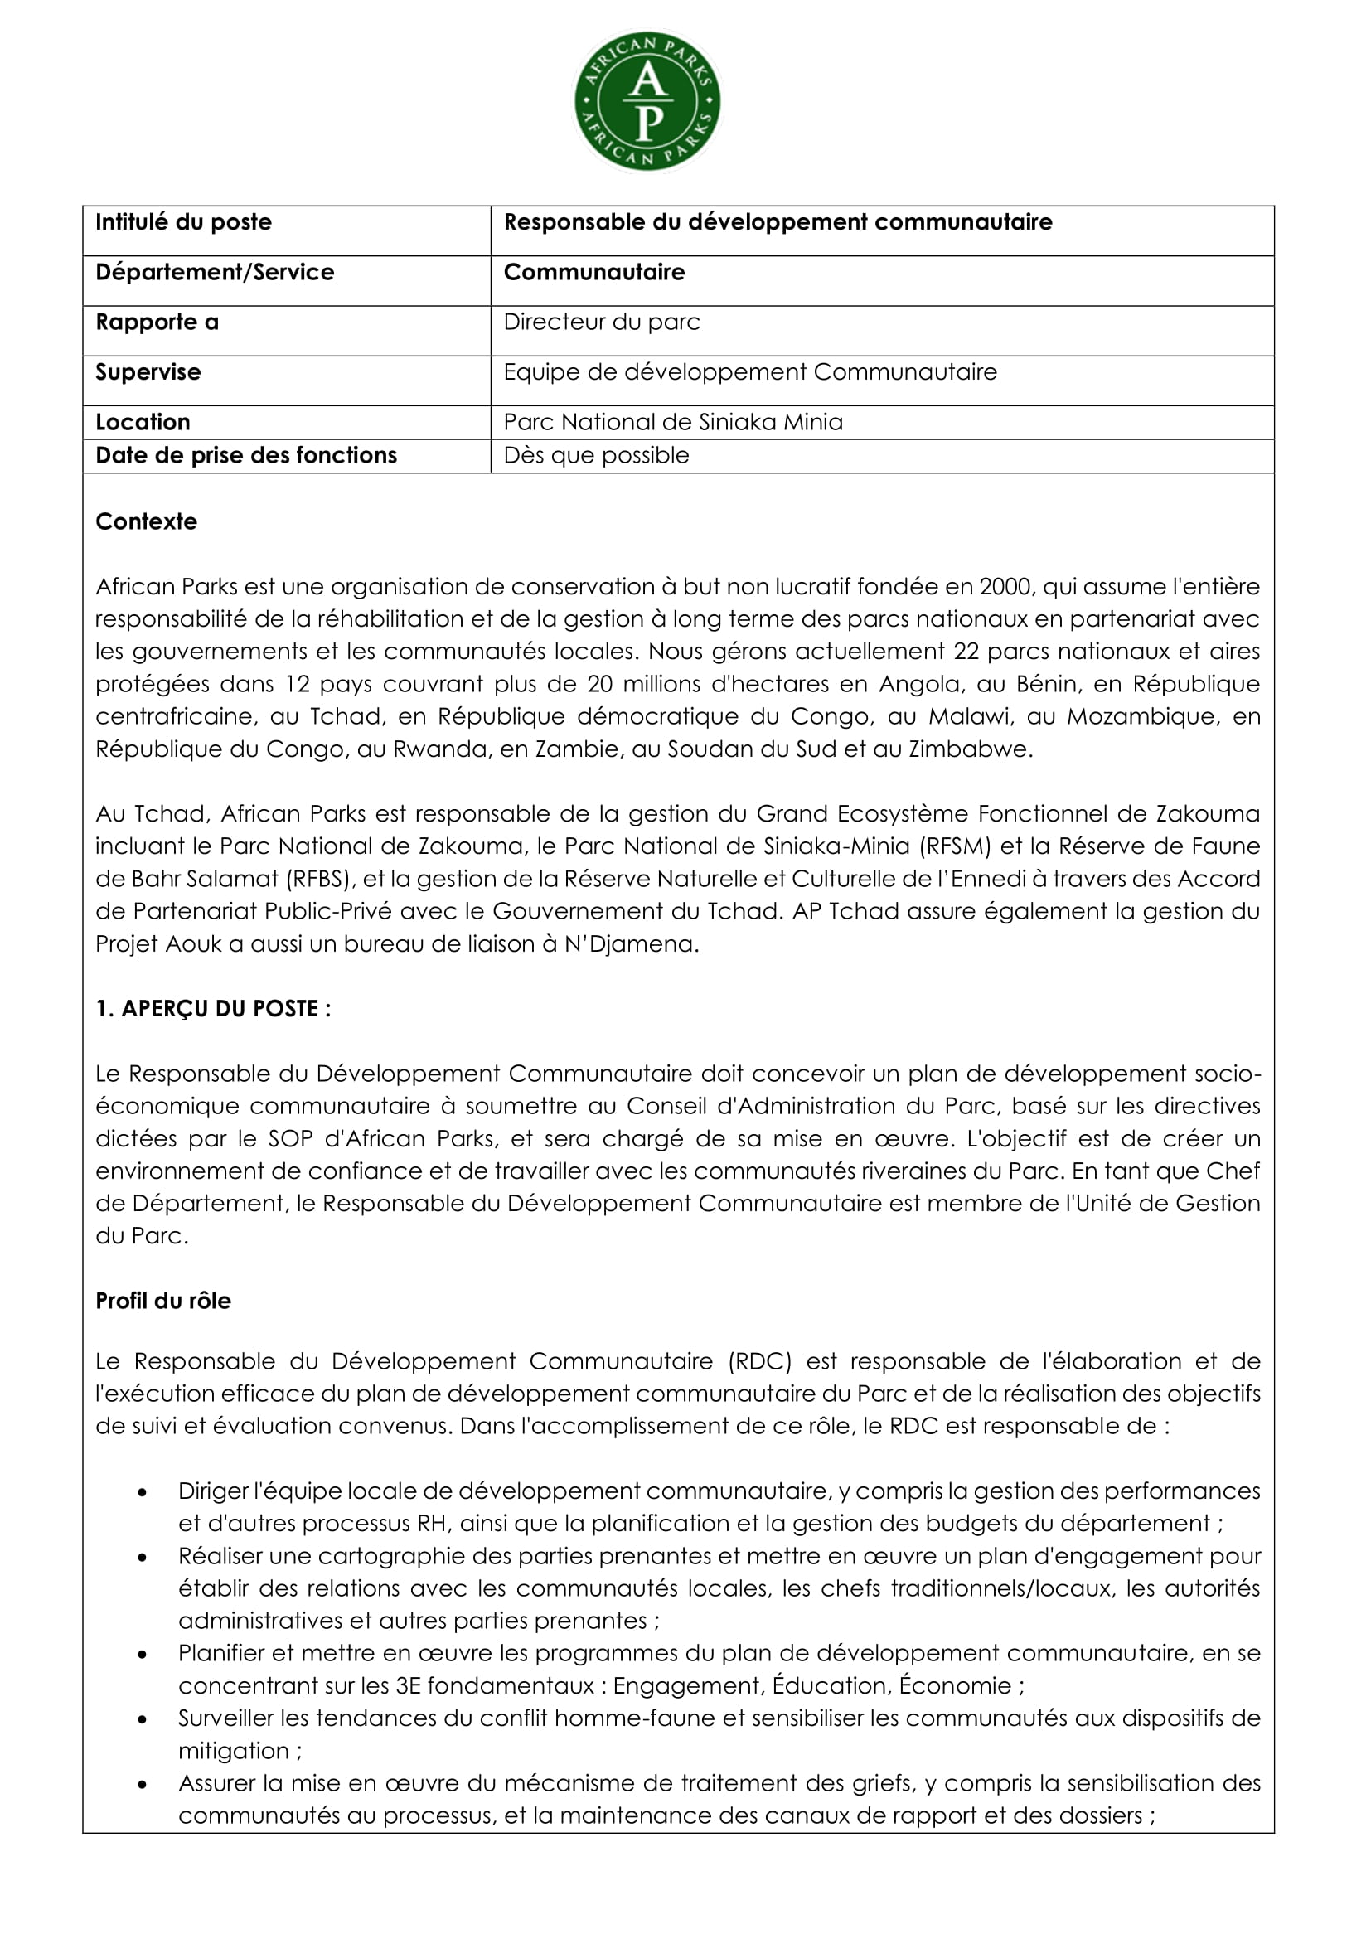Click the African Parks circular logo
[647, 102]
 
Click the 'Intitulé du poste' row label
[183, 222]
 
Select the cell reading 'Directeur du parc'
[602, 322]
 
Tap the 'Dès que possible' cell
[596, 455]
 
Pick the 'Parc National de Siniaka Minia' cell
[673, 421]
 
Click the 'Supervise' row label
[148, 371]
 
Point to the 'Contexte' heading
[146, 521]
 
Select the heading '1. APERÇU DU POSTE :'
[213, 1008]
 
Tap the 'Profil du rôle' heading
[163, 1301]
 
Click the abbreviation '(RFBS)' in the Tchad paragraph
[318, 878]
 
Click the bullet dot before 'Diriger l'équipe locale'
[143, 1492]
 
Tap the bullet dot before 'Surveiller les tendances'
[143, 1719]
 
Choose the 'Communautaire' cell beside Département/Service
[593, 272]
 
